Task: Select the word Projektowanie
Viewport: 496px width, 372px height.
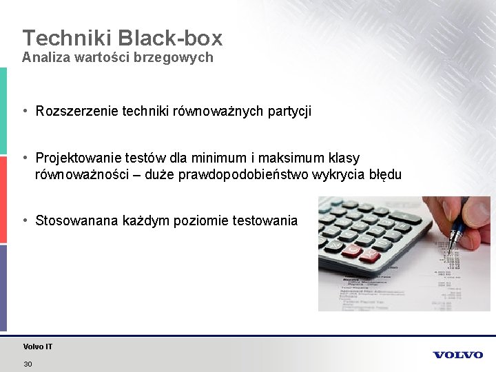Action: pyautogui.click(x=76, y=158)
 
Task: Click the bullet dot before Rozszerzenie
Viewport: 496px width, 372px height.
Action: pyautogui.click(x=25, y=110)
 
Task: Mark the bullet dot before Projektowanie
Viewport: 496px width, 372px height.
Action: pyautogui.click(x=25, y=158)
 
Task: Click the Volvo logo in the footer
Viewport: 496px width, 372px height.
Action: pyautogui.click(x=458, y=355)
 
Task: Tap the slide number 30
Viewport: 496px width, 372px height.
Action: pyautogui.click(x=28, y=364)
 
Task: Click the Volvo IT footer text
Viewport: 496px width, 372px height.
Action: pyautogui.click(x=37, y=347)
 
